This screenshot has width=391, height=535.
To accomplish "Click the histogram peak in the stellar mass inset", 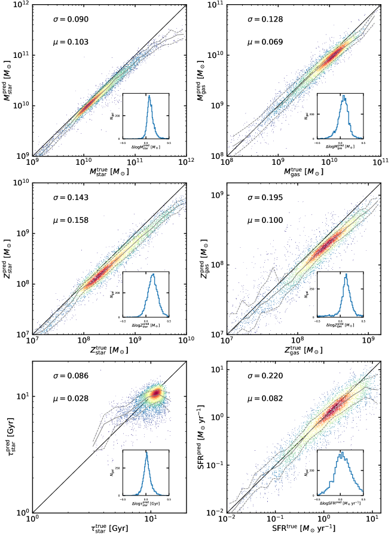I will pyautogui.click(x=149, y=96).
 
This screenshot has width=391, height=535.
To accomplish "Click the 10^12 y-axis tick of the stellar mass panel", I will pyautogui.click(x=23, y=5).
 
